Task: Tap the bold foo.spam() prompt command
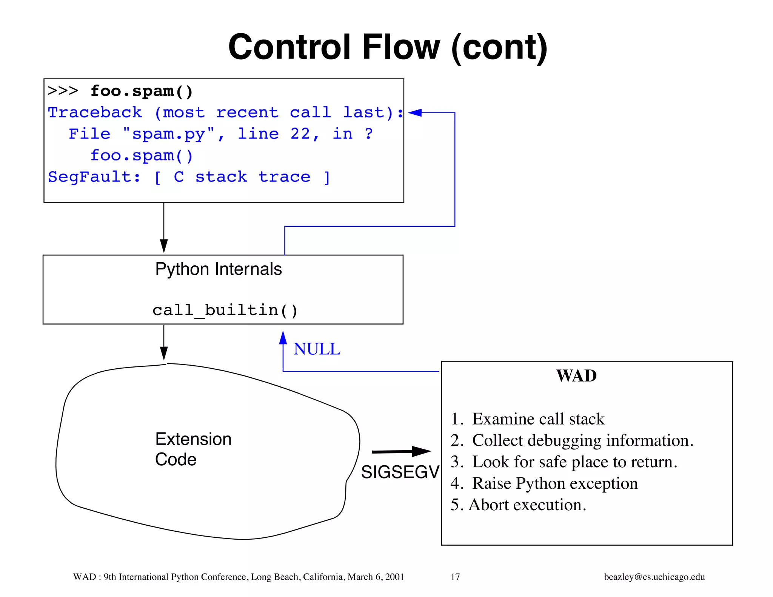tap(142, 91)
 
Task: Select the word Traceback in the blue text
tap(95, 112)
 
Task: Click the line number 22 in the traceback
tap(300, 134)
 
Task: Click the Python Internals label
tap(218, 269)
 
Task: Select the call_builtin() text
tap(225, 310)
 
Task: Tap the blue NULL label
tap(317, 349)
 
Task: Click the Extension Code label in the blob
tap(193, 449)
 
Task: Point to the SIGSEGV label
tap(400, 472)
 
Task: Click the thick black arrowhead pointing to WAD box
tap(421, 451)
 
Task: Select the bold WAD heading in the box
tap(576, 376)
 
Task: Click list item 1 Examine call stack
tap(527, 419)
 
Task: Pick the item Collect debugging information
tap(572, 440)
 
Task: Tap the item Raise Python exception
tap(544, 483)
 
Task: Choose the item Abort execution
tap(518, 505)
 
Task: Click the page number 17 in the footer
tap(455, 577)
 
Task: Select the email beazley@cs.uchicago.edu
tap(654, 577)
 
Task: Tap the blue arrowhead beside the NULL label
tap(283, 338)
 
